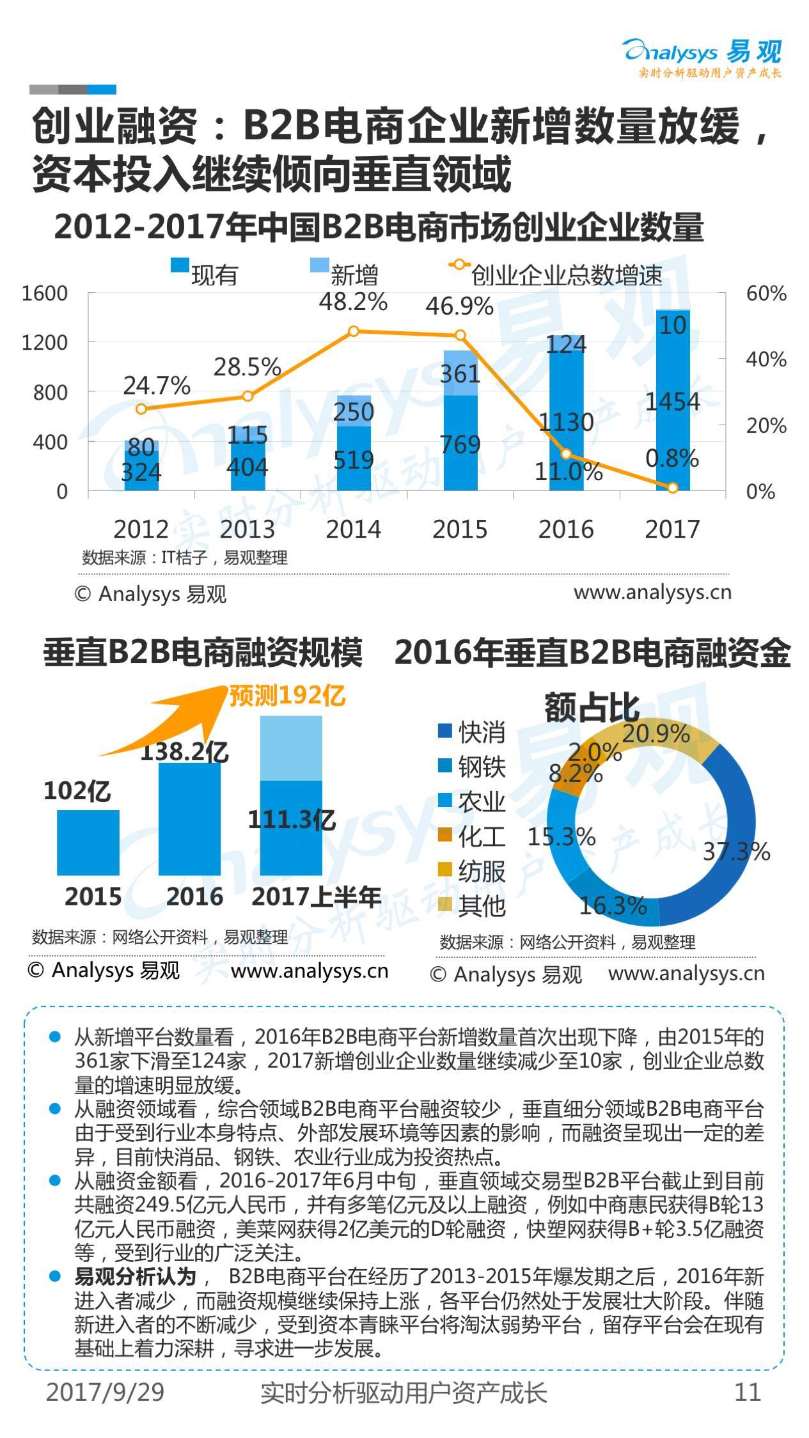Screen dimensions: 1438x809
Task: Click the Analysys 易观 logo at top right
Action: point(703,57)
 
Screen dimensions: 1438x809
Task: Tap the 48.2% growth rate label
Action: point(353,302)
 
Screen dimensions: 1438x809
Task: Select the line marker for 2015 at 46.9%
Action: point(460,335)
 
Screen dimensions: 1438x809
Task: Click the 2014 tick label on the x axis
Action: point(353,529)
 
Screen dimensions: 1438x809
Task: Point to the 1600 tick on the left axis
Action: point(45,293)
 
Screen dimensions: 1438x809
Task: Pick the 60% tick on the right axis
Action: point(766,293)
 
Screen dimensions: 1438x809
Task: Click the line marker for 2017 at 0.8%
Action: point(672,487)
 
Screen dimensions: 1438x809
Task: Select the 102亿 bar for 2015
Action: point(88,842)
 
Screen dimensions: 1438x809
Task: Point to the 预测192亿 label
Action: point(287,696)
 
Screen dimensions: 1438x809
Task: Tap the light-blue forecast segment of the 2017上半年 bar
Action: point(291,748)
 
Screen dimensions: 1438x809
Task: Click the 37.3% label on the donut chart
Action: point(736,852)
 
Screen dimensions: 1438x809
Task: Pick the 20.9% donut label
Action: point(656,734)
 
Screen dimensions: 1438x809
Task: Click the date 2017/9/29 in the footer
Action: point(106,1391)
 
